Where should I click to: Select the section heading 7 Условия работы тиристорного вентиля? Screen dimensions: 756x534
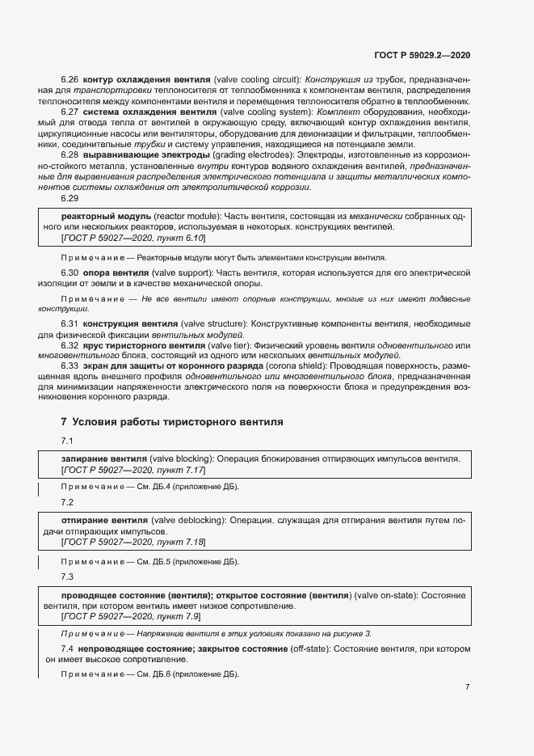(172, 421)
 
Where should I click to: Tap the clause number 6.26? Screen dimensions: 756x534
(69, 80)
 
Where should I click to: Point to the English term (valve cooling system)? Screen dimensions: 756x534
(267, 112)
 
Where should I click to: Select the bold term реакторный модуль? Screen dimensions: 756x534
(106, 217)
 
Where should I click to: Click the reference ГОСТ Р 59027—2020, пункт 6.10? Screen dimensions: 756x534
(133, 239)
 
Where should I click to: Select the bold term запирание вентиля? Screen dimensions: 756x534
(104, 458)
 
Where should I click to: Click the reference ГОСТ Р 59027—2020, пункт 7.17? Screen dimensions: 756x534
(133, 470)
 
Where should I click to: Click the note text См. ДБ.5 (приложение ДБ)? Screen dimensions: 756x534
(186, 561)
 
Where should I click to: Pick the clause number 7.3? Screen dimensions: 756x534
(67, 577)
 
